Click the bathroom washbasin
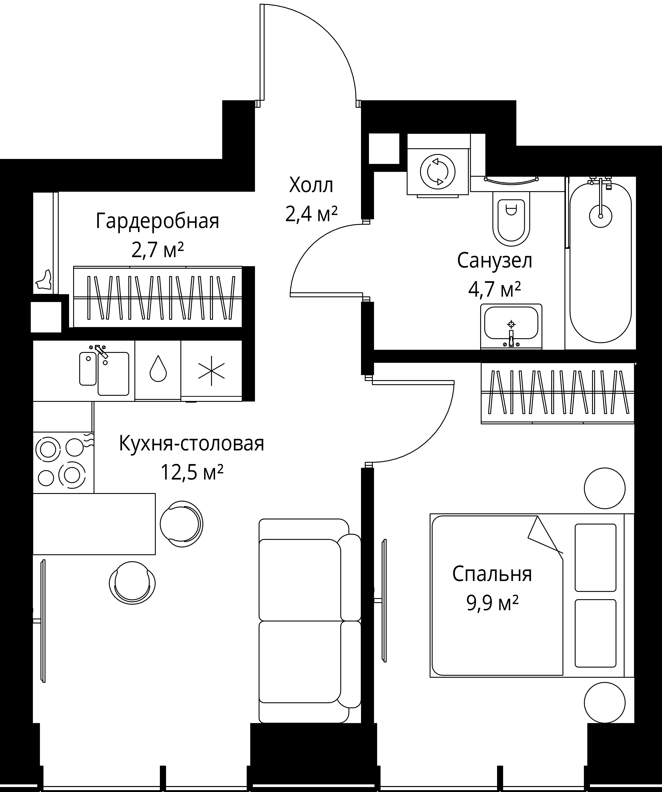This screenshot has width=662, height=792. click(511, 327)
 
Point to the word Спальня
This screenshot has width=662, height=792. click(492, 574)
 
